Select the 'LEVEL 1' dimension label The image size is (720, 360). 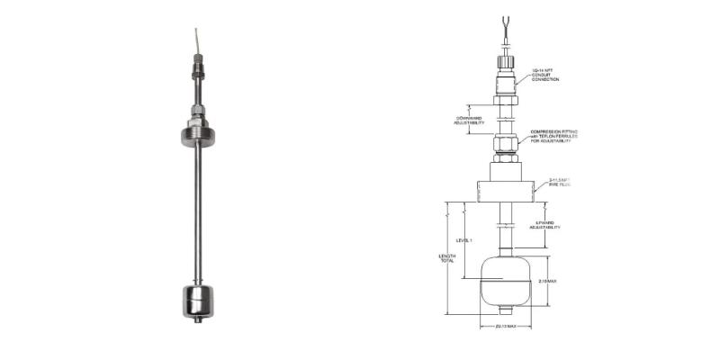pyautogui.click(x=463, y=244)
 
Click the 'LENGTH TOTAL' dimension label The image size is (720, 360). pyautogui.click(x=446, y=260)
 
